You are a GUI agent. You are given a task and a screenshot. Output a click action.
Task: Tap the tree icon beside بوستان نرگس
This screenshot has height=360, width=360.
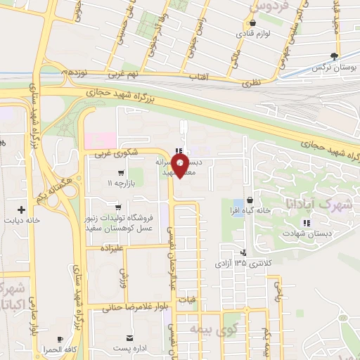point(335,56)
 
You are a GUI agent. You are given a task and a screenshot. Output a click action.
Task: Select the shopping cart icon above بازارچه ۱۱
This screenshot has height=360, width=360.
point(122,172)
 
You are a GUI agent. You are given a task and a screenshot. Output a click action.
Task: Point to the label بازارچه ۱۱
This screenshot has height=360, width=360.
point(120,183)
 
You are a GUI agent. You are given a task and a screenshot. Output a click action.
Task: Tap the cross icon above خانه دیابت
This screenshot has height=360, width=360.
point(22,209)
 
